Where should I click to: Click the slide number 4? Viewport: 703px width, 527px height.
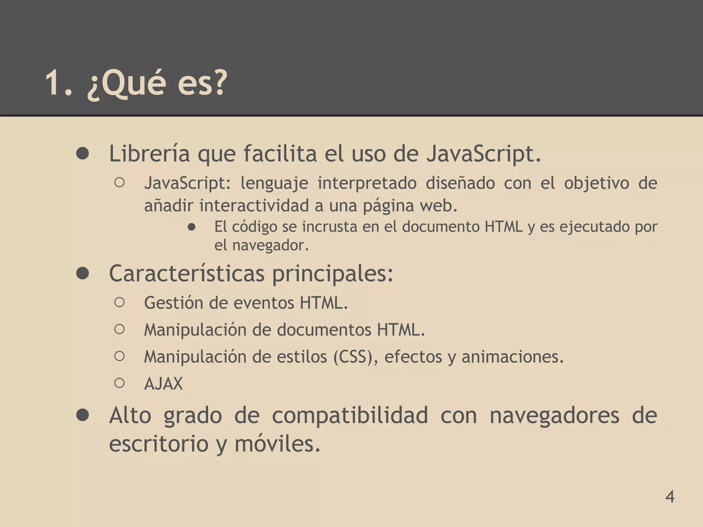tap(670, 496)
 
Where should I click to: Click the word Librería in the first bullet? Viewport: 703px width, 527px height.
tap(149, 153)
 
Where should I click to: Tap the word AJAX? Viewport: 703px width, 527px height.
tap(163, 383)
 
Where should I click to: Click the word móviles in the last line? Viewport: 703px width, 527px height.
tap(277, 443)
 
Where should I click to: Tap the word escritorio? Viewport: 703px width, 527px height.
tap(159, 443)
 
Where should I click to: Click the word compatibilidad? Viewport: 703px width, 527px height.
tap(350, 415)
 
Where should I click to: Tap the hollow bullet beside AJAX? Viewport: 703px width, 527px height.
tap(119, 383)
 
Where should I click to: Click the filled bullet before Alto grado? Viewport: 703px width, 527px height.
tap(83, 415)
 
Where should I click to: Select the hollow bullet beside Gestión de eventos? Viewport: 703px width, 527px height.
tap(119, 302)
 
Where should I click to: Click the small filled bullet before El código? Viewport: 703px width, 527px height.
tap(192, 227)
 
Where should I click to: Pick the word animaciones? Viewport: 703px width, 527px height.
tap(512, 357)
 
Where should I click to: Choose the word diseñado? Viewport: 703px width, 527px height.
tap(460, 183)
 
